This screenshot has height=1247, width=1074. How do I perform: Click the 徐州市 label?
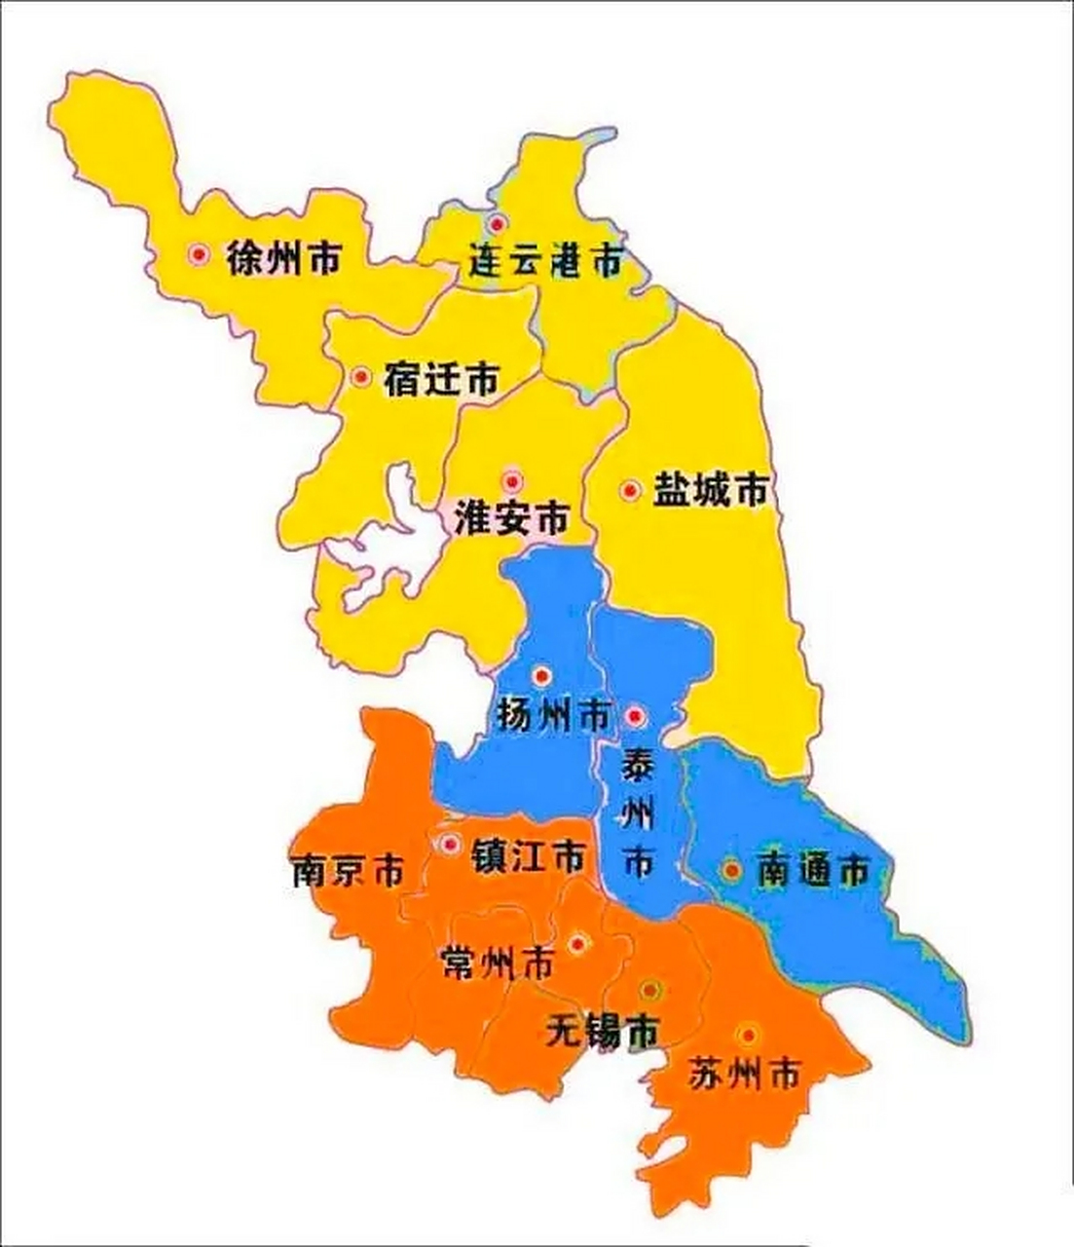(283, 257)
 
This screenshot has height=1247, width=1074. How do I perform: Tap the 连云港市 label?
(544, 261)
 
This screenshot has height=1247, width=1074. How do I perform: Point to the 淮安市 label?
(511, 518)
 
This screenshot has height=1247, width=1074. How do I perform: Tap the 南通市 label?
(812, 870)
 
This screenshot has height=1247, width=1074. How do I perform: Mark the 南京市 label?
(347, 870)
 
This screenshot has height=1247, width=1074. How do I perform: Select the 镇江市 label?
(528, 857)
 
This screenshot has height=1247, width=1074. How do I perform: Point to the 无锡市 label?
(602, 1030)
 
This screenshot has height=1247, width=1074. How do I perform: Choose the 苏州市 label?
(744, 1074)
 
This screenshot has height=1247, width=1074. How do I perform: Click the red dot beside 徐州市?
(200, 254)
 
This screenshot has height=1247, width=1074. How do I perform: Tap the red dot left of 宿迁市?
(361, 377)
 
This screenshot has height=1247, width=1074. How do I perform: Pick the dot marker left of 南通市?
(731, 869)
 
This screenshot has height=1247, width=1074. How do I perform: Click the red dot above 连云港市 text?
(498, 223)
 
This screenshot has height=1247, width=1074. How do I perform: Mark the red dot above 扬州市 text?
(542, 675)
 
